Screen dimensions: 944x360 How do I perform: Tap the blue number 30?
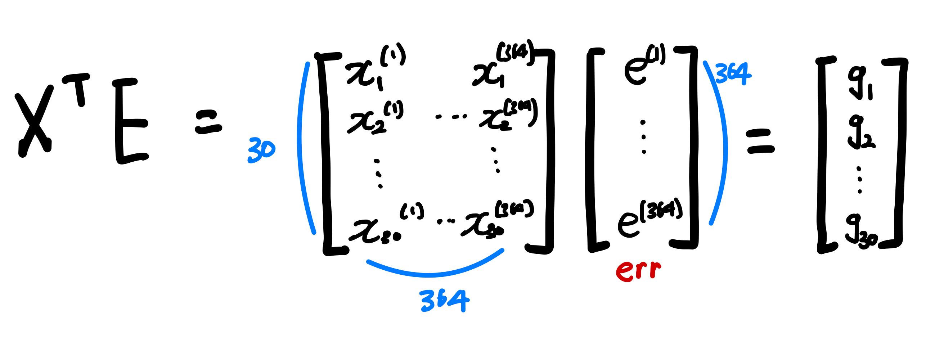(261, 150)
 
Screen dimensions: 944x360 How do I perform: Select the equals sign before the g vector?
(761, 141)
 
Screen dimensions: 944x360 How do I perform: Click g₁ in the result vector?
(859, 82)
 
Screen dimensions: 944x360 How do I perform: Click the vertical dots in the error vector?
(644, 137)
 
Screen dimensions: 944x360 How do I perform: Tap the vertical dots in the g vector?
(860, 180)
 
